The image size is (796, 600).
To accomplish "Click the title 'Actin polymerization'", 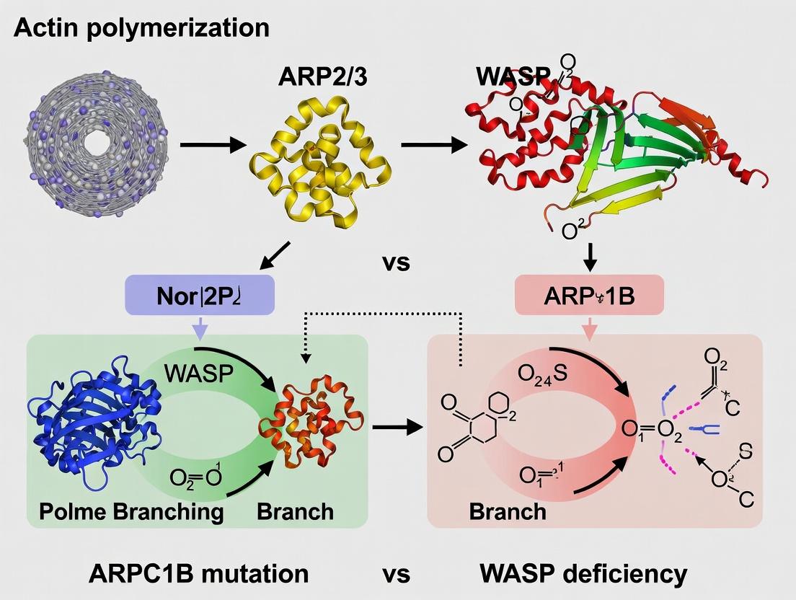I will pos(141,29).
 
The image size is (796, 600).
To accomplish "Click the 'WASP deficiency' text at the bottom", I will pos(582,573).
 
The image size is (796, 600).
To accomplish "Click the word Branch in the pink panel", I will pos(508,511).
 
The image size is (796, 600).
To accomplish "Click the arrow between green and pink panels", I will pos(397,427).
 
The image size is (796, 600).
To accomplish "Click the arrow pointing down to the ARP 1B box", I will pos(591,257).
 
